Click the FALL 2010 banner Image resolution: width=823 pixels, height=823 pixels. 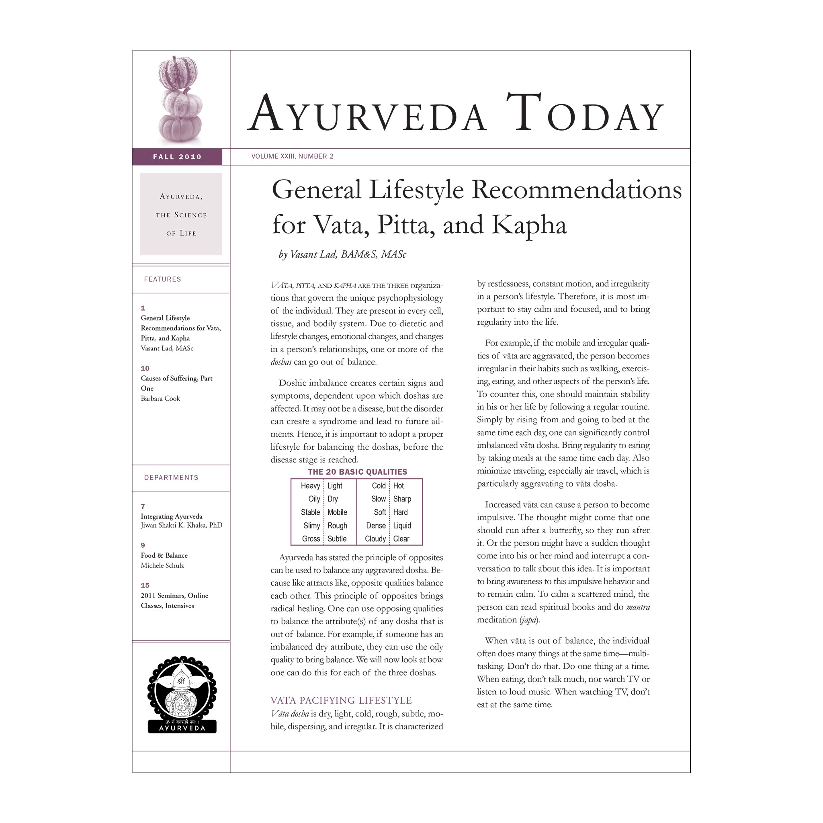[177, 157]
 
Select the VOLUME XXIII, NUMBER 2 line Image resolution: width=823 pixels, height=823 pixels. [292, 156]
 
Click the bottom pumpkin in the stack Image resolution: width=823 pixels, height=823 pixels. [180, 128]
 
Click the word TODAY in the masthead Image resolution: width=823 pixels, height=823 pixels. [585, 113]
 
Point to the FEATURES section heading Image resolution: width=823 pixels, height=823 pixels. [162, 279]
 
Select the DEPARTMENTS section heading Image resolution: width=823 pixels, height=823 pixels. [171, 477]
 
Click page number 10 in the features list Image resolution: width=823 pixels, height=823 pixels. [145, 369]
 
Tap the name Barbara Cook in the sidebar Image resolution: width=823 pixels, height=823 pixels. [161, 399]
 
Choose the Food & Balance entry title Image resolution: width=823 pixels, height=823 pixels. [164, 555]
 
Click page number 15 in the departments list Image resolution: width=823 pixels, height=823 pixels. [145, 585]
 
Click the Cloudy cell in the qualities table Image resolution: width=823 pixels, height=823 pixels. [375, 539]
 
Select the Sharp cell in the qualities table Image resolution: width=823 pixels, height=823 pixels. [402, 499]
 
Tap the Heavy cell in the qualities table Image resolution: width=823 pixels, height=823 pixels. [311, 485]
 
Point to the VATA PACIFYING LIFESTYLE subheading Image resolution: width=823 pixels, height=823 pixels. [341, 700]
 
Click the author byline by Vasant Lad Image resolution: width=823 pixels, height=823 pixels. [342, 254]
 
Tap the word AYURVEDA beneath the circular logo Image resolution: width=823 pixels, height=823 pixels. [182, 728]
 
